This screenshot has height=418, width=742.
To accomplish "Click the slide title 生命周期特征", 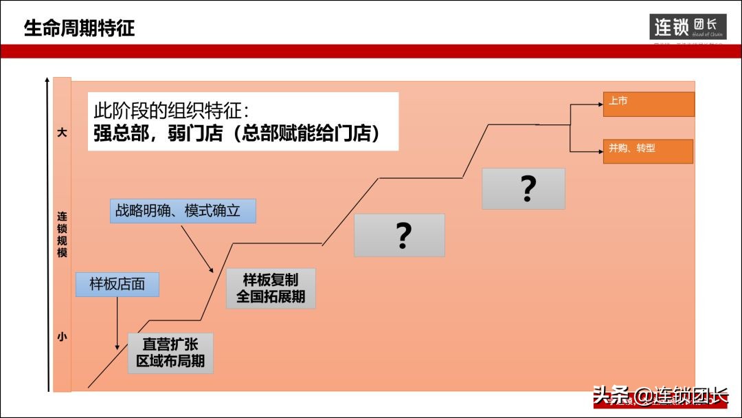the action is click(x=80, y=28).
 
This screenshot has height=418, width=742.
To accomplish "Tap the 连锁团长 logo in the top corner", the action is click(x=688, y=27).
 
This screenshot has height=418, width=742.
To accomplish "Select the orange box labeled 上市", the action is click(x=649, y=104).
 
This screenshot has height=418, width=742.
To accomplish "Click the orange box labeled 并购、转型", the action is click(x=648, y=151).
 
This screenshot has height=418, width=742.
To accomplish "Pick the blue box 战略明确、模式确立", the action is click(x=183, y=210).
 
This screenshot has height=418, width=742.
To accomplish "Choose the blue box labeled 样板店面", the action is click(x=117, y=284).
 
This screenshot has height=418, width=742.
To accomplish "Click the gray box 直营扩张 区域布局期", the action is click(x=170, y=353).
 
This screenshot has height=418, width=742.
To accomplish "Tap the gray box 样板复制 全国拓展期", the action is click(x=271, y=288).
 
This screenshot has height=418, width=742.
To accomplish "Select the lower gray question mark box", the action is click(x=399, y=235).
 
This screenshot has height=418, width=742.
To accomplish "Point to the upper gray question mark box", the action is click(x=524, y=188).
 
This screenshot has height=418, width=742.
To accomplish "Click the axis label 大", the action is click(x=62, y=132).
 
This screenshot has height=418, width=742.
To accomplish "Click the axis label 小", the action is click(x=62, y=337).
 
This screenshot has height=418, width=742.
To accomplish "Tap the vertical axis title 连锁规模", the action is click(x=62, y=234).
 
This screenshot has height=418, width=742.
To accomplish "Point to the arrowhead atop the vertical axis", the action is click(x=47, y=80).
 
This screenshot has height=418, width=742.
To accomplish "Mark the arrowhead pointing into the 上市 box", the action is click(x=599, y=104).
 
